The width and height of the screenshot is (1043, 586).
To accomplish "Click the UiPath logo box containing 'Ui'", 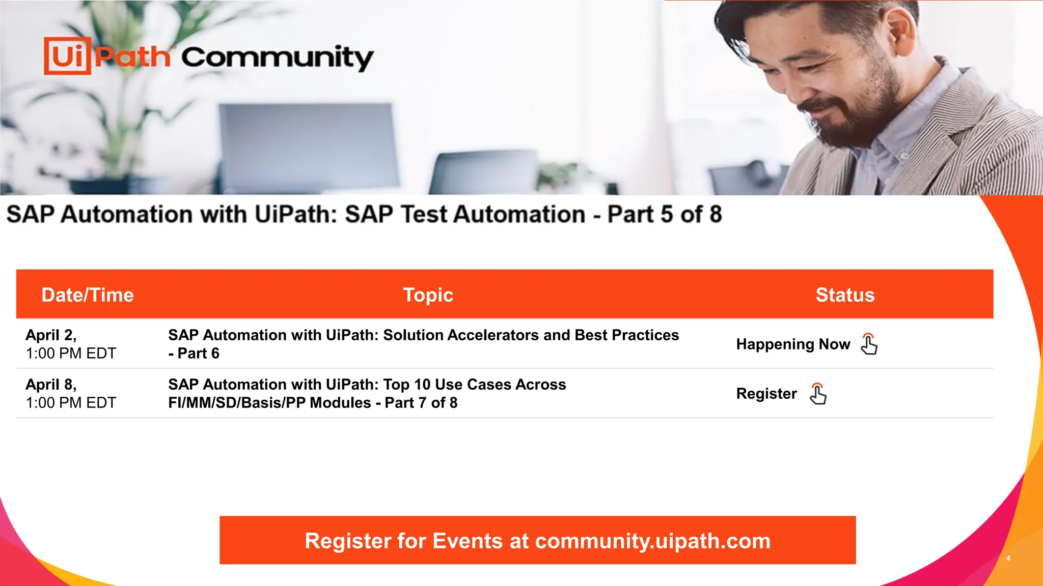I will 67,56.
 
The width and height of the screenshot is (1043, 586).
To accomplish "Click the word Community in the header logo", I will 277,58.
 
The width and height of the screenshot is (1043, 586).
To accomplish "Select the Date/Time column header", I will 88,295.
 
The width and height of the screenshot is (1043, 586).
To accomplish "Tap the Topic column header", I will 428,295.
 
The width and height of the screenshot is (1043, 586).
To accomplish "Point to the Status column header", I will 845,295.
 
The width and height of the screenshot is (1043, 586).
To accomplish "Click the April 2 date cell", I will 71,344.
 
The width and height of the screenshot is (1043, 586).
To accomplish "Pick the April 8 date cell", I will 71,393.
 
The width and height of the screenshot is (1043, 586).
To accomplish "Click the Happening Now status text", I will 793,344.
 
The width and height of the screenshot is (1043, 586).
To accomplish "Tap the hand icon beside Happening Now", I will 869,344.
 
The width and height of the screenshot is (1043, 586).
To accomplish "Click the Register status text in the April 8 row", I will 766,394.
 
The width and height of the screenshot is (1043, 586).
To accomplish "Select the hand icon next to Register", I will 818,394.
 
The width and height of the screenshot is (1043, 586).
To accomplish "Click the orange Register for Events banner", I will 537,540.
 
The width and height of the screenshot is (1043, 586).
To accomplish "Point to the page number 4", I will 1008,558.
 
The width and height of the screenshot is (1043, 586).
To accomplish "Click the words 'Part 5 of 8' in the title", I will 664,214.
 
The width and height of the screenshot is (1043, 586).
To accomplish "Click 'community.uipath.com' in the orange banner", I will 653,541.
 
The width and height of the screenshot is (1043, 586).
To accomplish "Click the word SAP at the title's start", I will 30,214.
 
